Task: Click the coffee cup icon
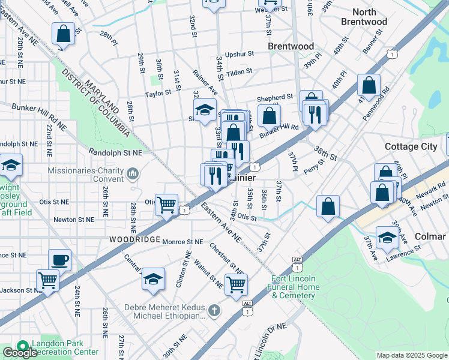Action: point(59,260)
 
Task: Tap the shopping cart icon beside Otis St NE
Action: point(166,204)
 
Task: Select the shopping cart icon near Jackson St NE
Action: point(47,280)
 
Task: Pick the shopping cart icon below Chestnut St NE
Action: point(236,284)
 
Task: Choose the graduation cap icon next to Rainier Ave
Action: point(205,109)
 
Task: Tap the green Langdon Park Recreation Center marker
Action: point(23,346)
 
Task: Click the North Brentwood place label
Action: point(364,17)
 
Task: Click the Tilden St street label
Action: point(238,71)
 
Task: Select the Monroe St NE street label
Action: point(182,241)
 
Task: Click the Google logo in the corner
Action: point(20,353)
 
